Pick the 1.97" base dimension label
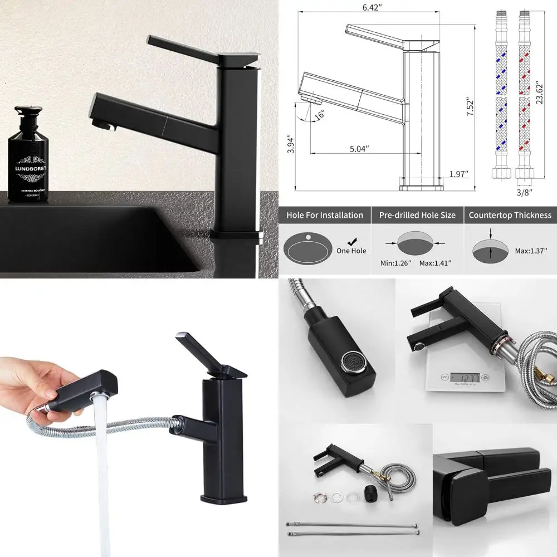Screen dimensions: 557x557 (x=458, y=174)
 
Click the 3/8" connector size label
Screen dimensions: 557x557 (x=524, y=192)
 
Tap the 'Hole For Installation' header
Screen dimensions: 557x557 (x=325, y=215)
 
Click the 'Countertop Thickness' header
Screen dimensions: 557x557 (x=510, y=215)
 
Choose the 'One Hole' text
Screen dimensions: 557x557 (x=351, y=251)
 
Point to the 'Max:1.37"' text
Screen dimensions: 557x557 (x=531, y=251)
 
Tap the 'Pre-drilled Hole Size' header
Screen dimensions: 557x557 (x=417, y=215)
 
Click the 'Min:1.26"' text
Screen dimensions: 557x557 (x=394, y=262)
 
